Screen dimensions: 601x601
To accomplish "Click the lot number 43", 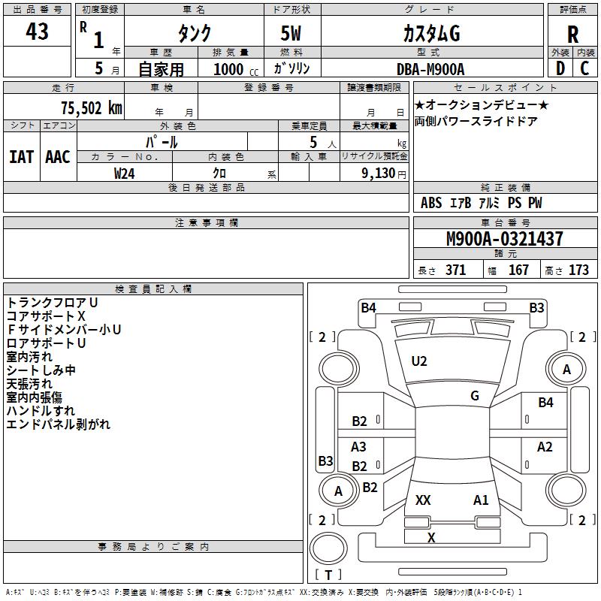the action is [x=37, y=31].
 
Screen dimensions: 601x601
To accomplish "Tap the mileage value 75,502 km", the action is [x=92, y=107].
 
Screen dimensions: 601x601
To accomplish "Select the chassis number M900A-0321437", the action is [x=505, y=238].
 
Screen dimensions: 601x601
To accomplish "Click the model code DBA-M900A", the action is [x=430, y=69].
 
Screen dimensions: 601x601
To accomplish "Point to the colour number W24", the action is [x=124, y=174].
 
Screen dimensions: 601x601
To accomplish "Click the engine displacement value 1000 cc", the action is [x=236, y=69].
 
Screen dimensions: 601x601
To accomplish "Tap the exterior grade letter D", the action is [x=560, y=68].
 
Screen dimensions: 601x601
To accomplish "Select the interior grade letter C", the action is [x=584, y=68].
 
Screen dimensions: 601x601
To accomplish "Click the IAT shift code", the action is [x=21, y=157].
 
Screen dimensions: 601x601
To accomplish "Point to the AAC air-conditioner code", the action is [x=58, y=157].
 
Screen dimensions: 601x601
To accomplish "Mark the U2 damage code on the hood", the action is [x=419, y=361].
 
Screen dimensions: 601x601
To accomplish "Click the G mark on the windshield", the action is [x=475, y=396].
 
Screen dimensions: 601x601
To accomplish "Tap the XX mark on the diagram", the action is [x=423, y=500].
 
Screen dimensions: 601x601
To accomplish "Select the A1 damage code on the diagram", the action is [x=481, y=500].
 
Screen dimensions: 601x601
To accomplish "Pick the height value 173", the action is [x=578, y=270].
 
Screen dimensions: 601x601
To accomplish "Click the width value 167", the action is [x=518, y=270].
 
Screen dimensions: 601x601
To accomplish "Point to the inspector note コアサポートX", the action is [x=46, y=316].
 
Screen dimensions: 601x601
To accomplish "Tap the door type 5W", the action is [x=291, y=33].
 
